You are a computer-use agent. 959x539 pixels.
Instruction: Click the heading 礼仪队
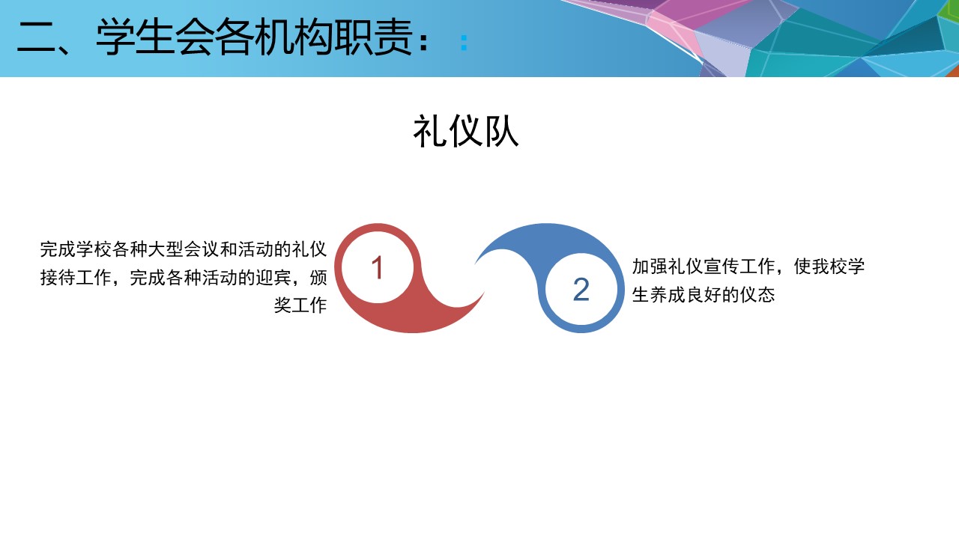[466, 131]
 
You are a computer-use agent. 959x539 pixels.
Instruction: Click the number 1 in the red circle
[377, 268]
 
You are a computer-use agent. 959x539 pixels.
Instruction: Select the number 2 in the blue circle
[581, 290]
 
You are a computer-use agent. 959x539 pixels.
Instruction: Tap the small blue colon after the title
[464, 43]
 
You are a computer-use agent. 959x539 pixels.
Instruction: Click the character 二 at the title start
[36, 38]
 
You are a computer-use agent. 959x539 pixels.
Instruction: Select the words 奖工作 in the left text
[300, 305]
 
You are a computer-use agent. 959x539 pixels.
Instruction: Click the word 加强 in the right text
[650, 267]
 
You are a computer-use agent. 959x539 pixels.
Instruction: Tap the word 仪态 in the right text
[757, 295]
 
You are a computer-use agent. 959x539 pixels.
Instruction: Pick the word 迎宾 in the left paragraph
[273, 278]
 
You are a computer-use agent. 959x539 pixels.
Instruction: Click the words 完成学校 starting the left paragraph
[76, 249]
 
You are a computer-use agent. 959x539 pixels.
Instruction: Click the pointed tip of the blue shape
[475, 264]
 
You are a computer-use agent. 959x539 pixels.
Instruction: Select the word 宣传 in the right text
[721, 267]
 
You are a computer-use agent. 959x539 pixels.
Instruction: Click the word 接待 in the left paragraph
[58, 278]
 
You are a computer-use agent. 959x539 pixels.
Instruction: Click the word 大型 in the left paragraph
[166, 249]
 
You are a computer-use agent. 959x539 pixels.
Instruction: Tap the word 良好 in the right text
[704, 295]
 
